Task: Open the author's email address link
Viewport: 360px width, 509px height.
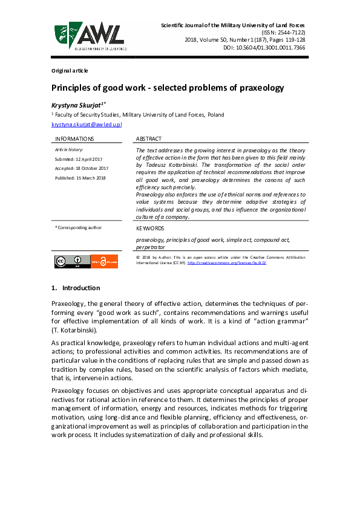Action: (x=87, y=124)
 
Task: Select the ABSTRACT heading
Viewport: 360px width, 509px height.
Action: (x=149, y=138)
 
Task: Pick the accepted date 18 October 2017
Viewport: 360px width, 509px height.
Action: (x=81, y=168)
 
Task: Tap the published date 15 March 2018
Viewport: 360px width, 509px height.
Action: (x=80, y=178)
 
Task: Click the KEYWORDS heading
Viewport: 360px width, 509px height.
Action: (x=150, y=229)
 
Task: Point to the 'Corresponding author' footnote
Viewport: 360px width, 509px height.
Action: (x=79, y=227)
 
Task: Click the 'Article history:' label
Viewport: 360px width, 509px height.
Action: (x=68, y=149)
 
